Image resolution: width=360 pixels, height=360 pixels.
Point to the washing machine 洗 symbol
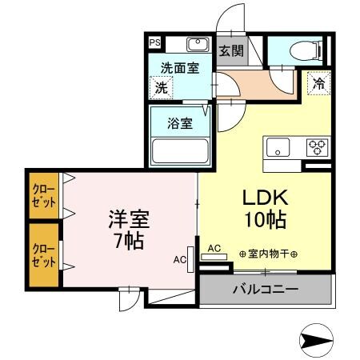click(x=161, y=86)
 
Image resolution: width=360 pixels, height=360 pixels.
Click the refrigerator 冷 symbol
click(x=318, y=82)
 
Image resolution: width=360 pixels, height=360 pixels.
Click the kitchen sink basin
click(x=278, y=148)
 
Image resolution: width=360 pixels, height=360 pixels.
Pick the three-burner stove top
click(x=318, y=148)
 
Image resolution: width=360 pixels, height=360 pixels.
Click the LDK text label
click(x=264, y=197)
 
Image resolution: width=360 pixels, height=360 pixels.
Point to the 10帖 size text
click(x=264, y=219)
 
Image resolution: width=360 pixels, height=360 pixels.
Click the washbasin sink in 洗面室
click(x=198, y=45)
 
